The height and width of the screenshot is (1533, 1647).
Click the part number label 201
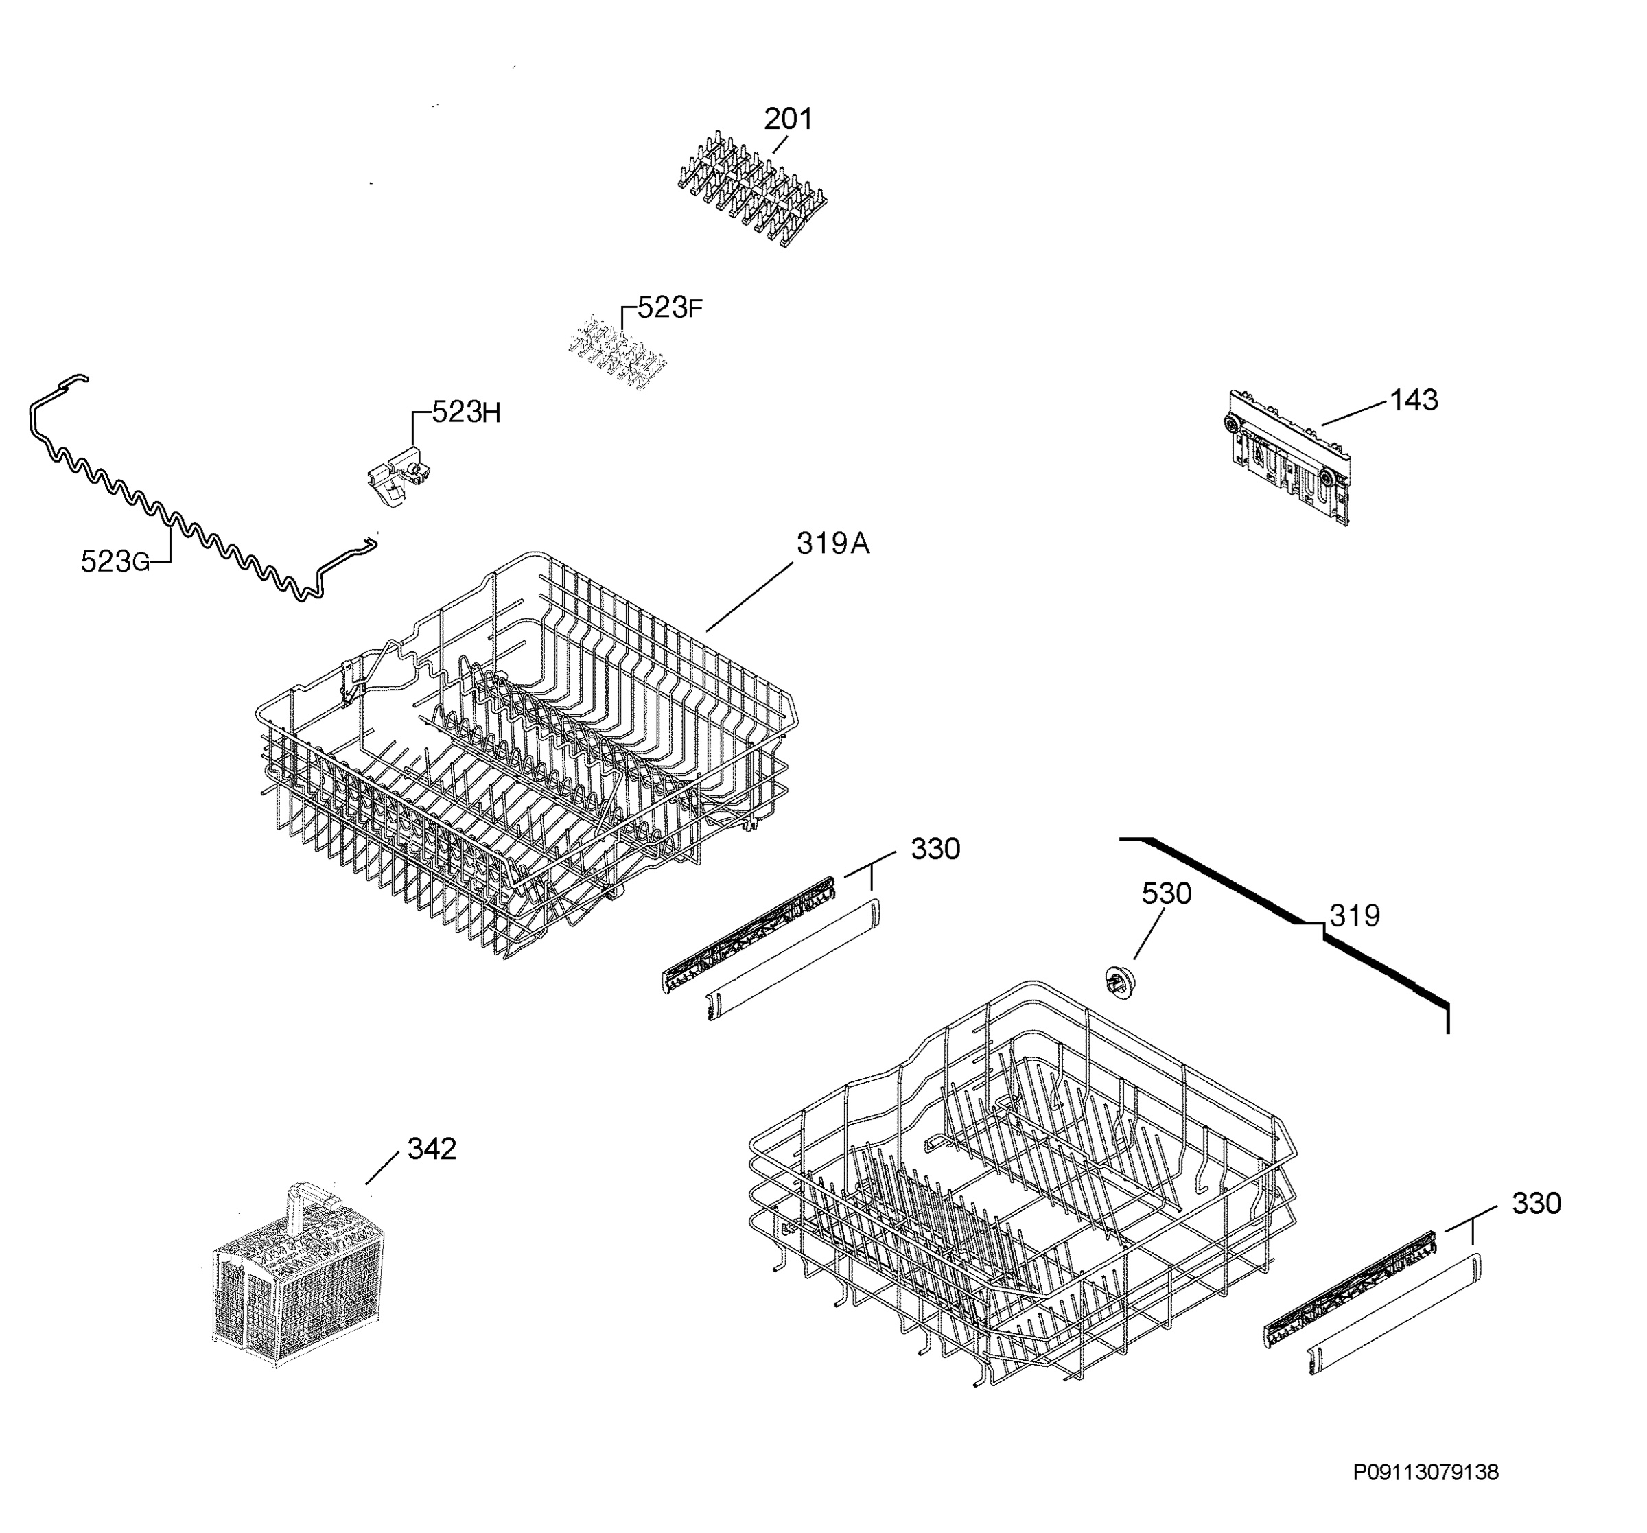[x=788, y=119]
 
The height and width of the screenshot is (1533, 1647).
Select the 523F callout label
[x=669, y=308]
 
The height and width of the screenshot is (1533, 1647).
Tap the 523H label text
[x=467, y=412]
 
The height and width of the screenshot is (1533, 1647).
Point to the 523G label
[x=115, y=562]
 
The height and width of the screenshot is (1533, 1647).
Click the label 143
[x=1414, y=400]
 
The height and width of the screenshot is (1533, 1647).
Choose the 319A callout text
[x=832, y=543]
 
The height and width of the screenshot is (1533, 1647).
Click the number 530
[x=1167, y=893]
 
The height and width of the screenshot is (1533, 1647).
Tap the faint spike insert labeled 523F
[x=618, y=355]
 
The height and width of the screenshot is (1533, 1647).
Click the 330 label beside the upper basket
[x=935, y=849]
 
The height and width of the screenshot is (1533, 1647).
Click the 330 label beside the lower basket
[x=1536, y=1203]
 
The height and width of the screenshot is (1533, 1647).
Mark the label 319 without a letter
[x=1355, y=915]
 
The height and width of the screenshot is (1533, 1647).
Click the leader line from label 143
[x=1355, y=412]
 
